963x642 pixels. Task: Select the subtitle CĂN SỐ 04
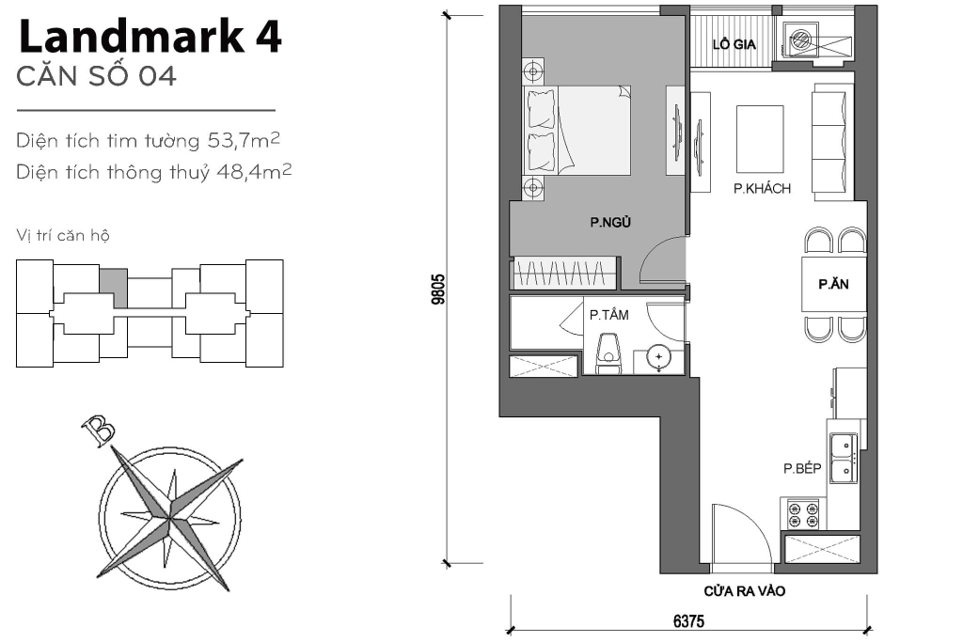coord(97,77)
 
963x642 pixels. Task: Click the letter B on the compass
coord(99,431)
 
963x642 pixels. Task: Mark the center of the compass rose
coord(171,516)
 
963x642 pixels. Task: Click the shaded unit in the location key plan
coord(113,287)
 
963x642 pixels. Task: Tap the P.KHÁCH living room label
coord(762,189)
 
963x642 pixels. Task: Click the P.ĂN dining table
coord(832,285)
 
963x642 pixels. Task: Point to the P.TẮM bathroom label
coord(609,316)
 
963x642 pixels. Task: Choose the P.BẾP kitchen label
coord(802,467)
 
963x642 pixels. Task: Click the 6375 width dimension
coord(688,621)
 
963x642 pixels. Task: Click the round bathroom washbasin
coord(660,357)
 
